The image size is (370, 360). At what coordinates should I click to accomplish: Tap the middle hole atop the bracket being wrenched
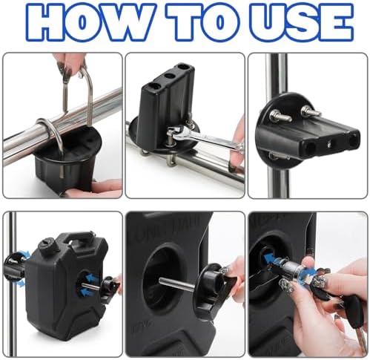coord(169,76)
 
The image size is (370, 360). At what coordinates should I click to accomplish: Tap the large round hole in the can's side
coord(161,278)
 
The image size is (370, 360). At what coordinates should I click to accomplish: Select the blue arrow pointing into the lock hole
coord(271,258)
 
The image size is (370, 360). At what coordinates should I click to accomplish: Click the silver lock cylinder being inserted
coord(291,269)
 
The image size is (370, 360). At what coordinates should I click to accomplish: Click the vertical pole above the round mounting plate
coord(276,74)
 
